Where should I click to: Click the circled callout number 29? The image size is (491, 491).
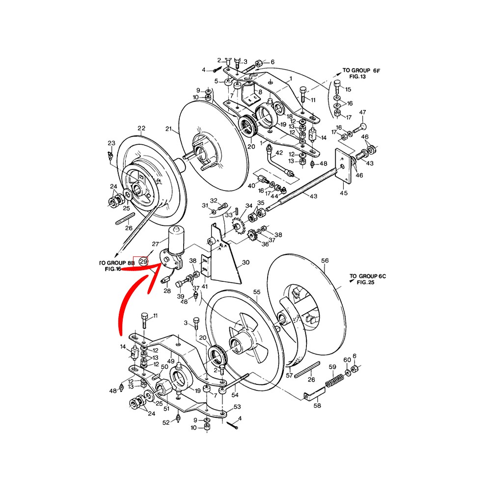[143, 261]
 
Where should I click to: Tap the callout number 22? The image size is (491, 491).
[141, 128]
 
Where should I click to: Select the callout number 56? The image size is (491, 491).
[325, 261]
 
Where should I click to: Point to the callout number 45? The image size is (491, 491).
[344, 193]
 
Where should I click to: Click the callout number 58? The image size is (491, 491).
[317, 406]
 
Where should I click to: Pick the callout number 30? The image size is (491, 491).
[246, 262]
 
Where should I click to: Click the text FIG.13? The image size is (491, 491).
[357, 77]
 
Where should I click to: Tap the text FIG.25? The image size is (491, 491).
[366, 282]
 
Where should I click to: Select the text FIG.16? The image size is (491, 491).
[113, 269]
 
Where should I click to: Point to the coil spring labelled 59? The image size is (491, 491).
[335, 380]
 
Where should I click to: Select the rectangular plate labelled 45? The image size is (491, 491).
[343, 165]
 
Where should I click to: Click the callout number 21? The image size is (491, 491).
[169, 129]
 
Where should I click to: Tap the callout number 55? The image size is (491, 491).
[257, 292]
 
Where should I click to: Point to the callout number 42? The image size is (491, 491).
[279, 153]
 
